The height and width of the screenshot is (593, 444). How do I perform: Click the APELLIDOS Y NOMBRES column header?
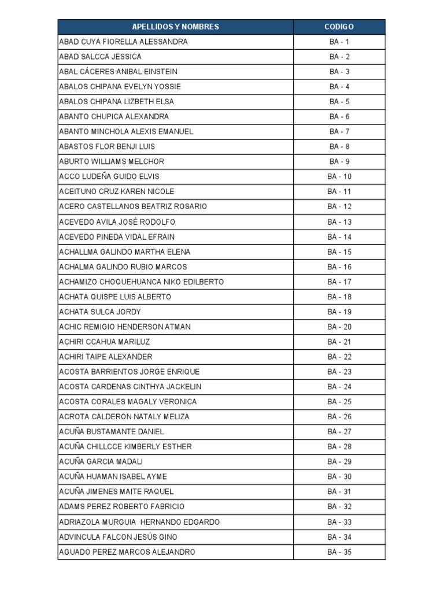tap(176, 27)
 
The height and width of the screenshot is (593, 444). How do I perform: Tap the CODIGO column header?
tap(339, 27)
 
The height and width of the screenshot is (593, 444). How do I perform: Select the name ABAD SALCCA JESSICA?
tap(100, 57)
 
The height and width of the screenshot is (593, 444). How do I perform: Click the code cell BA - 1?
tap(339, 42)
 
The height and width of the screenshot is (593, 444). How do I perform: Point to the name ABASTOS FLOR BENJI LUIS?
tap(107, 147)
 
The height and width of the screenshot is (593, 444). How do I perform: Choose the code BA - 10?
tap(339, 177)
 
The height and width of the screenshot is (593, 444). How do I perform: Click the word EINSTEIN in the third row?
tap(160, 72)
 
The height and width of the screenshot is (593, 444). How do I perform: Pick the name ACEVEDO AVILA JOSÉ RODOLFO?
tap(117, 222)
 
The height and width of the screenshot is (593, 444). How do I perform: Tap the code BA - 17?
tap(339, 282)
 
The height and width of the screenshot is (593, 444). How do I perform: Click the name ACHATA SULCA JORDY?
tap(99, 312)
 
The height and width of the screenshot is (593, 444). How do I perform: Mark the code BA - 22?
tap(339, 357)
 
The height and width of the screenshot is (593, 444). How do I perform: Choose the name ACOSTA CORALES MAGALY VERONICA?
tap(128, 402)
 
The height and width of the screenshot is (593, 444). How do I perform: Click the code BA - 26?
tap(339, 417)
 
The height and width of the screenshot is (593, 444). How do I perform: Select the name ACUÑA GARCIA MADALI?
tap(101, 462)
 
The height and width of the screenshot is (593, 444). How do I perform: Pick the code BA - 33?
tap(339, 522)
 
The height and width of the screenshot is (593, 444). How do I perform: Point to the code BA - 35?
tap(339, 552)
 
